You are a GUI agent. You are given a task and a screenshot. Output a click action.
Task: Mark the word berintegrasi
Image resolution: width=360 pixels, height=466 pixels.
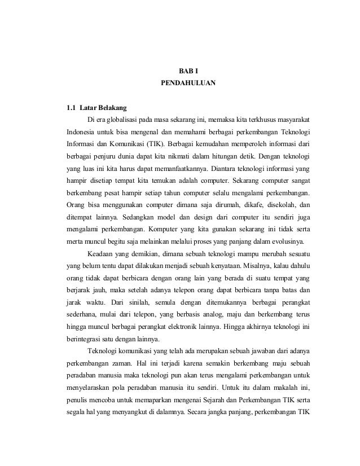pyautogui.click(x=84, y=340)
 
